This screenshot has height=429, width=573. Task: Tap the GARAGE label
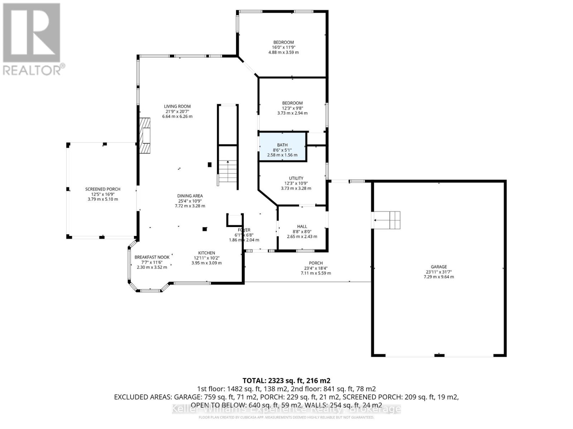click(439, 267)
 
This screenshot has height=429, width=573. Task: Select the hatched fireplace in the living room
click(145, 135)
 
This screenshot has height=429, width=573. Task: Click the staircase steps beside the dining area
click(228, 172)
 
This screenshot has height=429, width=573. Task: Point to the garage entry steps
click(387, 220)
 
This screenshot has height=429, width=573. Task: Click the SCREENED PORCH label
click(103, 189)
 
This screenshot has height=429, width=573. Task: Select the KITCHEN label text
click(207, 253)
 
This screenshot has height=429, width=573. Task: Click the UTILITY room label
click(296, 178)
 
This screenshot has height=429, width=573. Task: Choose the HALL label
click(302, 226)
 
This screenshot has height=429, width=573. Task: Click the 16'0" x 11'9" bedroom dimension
click(283, 47)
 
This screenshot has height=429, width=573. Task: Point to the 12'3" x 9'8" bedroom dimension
click(292, 108)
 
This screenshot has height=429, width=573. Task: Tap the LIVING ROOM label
click(177, 106)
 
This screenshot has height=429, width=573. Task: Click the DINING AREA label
click(190, 196)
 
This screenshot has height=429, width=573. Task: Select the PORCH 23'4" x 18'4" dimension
click(316, 268)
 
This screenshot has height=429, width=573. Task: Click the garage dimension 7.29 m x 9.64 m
click(439, 277)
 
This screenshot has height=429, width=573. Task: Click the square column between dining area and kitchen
click(204, 229)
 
